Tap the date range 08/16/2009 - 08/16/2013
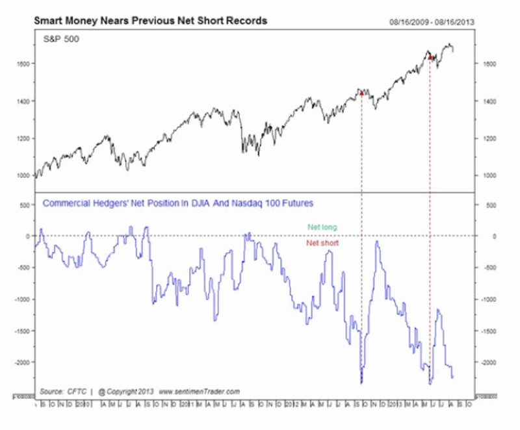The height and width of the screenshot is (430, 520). pyautogui.click(x=432, y=21)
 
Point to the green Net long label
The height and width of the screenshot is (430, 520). pyautogui.click(x=323, y=227)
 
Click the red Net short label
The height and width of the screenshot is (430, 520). pyautogui.click(x=323, y=243)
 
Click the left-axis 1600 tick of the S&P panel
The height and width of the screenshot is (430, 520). pyautogui.click(x=24, y=64)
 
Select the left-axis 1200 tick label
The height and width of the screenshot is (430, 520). pyautogui.click(x=24, y=139)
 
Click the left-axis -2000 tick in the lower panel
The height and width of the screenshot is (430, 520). pyautogui.click(x=21, y=362)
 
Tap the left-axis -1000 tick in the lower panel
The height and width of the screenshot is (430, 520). pyautogui.click(x=21, y=299)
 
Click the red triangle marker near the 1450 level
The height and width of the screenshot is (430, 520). pyautogui.click(x=361, y=93)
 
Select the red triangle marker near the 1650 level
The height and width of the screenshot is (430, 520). pyautogui.click(x=431, y=58)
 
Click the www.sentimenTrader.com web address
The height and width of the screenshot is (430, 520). pyautogui.click(x=200, y=392)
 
